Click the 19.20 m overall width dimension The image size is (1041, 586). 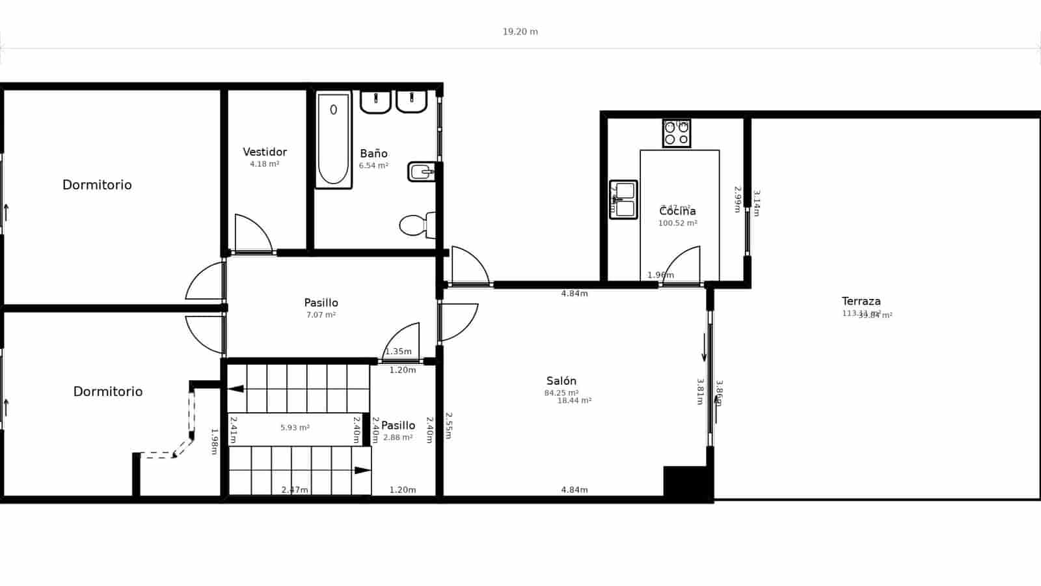click(x=520, y=31)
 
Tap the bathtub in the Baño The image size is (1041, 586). click(x=333, y=140)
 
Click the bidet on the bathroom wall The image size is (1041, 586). click(x=421, y=172)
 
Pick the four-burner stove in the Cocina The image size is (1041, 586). click(x=676, y=133)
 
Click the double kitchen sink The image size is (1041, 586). click(x=623, y=199)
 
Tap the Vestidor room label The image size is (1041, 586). click(x=265, y=152)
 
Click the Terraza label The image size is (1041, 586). click(x=861, y=301)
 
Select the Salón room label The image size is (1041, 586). click(x=561, y=381)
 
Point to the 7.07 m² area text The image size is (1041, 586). click(x=321, y=315)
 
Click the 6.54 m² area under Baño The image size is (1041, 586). click(x=373, y=166)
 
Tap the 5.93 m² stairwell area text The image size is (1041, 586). click(x=295, y=428)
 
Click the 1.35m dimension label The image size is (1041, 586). click(x=398, y=352)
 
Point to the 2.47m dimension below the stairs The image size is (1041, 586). click(x=295, y=490)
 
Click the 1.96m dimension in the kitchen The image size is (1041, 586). click(x=660, y=275)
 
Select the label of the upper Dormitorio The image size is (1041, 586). click(x=97, y=185)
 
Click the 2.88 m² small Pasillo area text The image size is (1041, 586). click(x=398, y=438)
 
